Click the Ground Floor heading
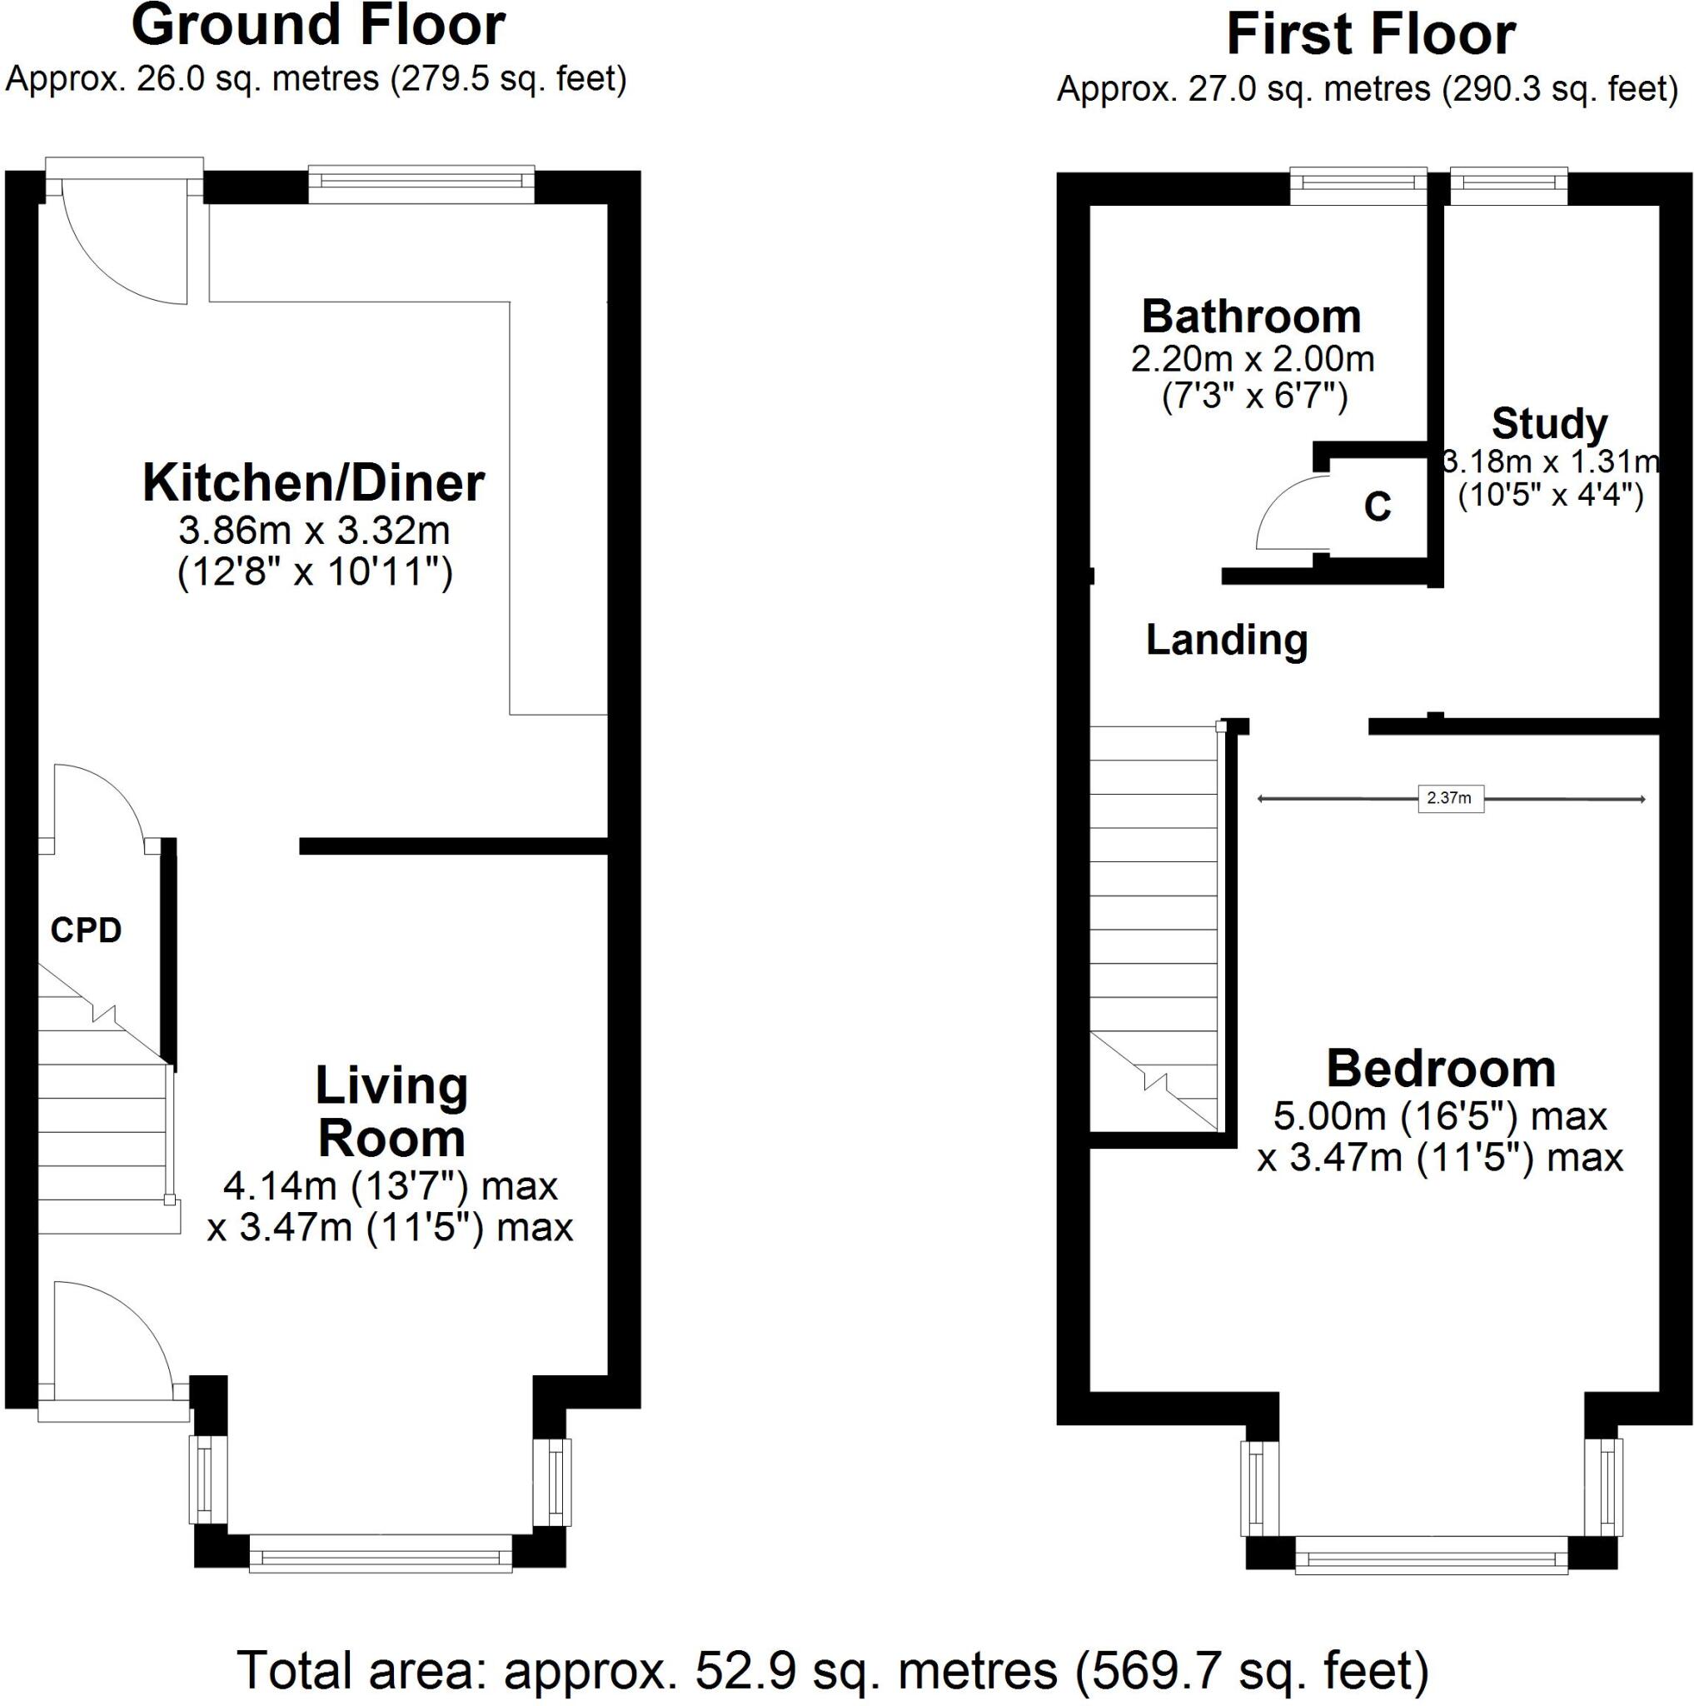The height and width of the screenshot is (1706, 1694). [318, 27]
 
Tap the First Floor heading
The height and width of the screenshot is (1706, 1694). [1370, 35]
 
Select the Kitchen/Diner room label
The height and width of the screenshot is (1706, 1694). [313, 483]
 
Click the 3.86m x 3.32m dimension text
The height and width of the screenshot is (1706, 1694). [314, 531]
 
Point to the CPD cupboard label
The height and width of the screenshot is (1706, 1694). [86, 930]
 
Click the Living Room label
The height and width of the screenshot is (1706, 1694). [391, 1112]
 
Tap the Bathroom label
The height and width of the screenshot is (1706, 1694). [1251, 316]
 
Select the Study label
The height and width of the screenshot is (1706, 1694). [1549, 424]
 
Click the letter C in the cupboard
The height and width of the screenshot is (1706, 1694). [1377, 506]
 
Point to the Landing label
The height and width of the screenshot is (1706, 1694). [1226, 639]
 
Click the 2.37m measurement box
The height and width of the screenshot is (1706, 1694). [1449, 798]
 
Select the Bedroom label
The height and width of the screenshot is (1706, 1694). [1441, 1070]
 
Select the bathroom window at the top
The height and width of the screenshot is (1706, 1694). [1358, 186]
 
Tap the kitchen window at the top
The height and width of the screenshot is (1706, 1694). [421, 183]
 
